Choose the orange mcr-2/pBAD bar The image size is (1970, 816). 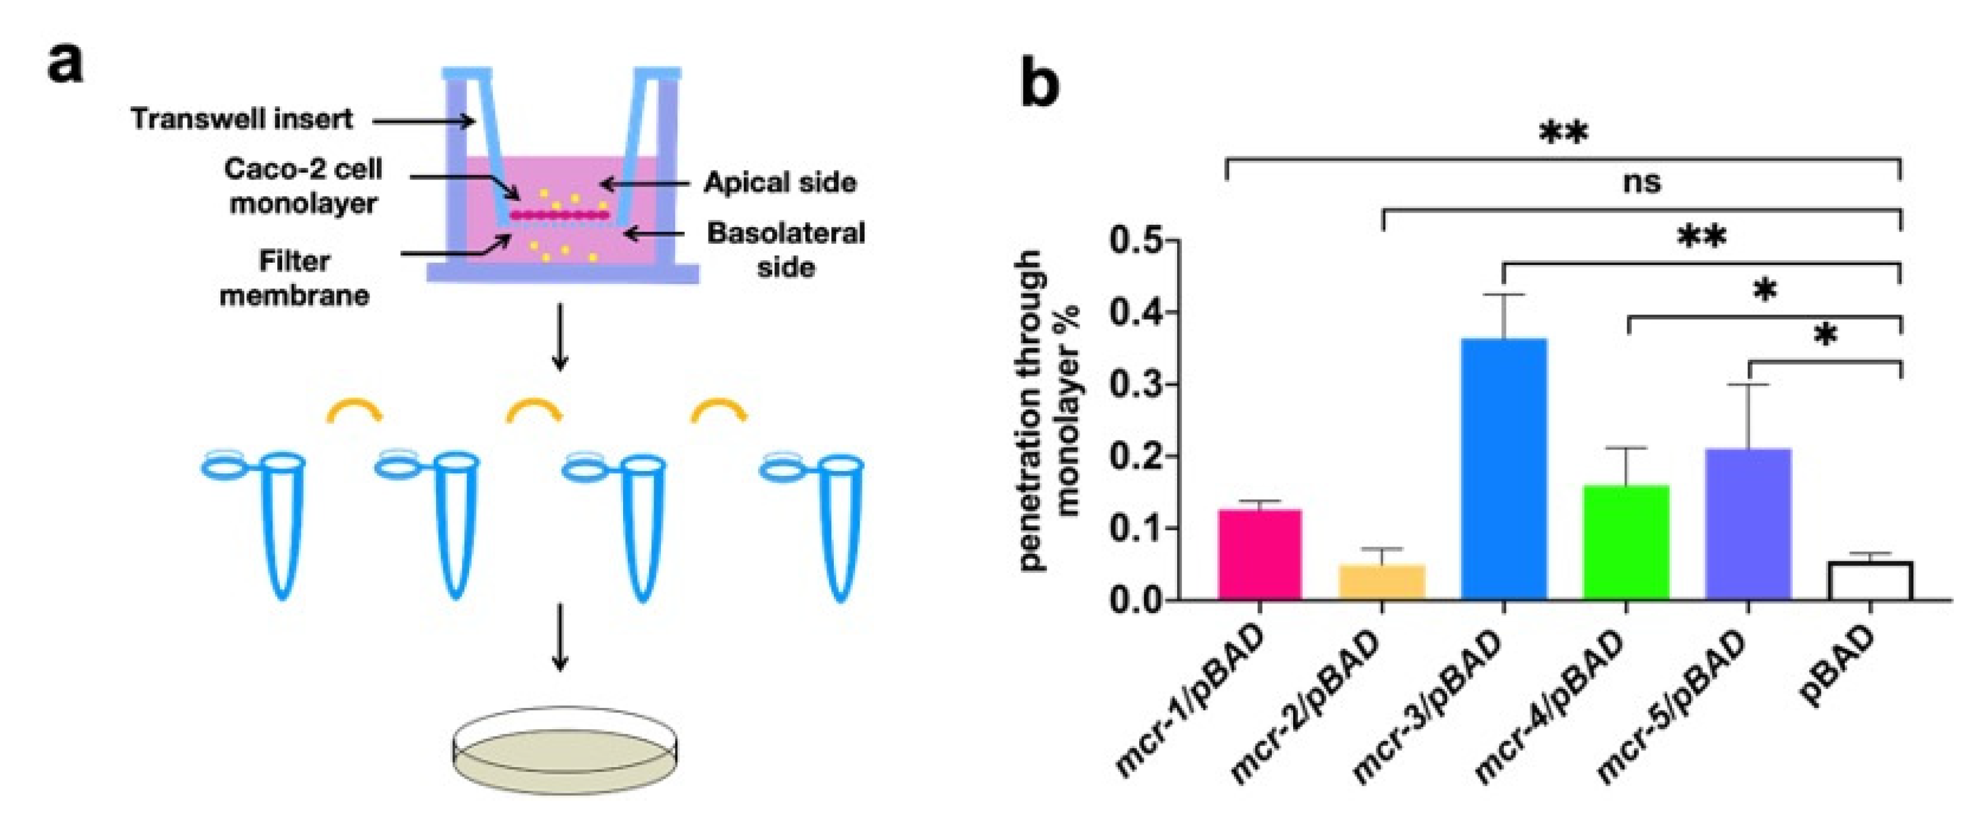coord(1381,582)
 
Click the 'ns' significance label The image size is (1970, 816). coord(1641,182)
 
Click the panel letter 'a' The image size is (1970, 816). coord(64,63)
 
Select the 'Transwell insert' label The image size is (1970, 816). coord(242,119)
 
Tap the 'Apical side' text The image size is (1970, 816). coord(779,183)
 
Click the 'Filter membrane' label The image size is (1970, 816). coord(294,279)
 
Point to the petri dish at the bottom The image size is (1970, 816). coord(565,749)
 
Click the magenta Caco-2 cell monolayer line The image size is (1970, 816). coord(561,215)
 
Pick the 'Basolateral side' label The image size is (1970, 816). coord(786,249)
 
